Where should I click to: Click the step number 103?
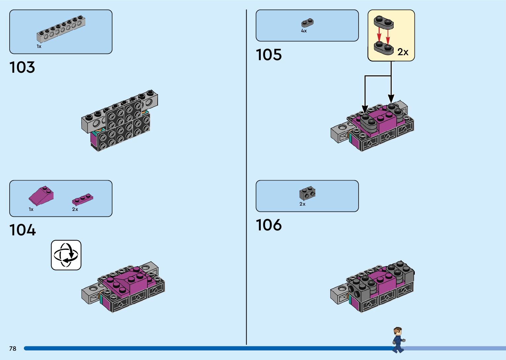click(x=22, y=67)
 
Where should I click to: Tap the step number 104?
click(x=22, y=230)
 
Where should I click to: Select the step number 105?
click(x=269, y=55)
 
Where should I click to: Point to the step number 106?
click(x=269, y=225)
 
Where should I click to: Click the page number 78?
click(x=13, y=348)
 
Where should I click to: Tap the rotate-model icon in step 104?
click(x=66, y=255)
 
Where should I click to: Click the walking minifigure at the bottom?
click(x=398, y=340)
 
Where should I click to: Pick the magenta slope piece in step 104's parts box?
click(x=41, y=195)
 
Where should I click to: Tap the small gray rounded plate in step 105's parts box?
click(x=307, y=23)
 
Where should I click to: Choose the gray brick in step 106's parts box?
click(x=307, y=193)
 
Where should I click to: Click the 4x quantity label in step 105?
click(x=304, y=31)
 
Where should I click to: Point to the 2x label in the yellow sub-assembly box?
click(x=403, y=52)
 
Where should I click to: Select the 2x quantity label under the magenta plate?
click(x=75, y=209)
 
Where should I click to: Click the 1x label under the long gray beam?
click(x=39, y=47)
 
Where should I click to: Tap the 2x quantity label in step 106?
click(x=302, y=204)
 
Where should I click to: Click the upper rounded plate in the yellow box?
click(x=384, y=22)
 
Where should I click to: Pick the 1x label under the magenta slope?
click(x=31, y=209)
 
